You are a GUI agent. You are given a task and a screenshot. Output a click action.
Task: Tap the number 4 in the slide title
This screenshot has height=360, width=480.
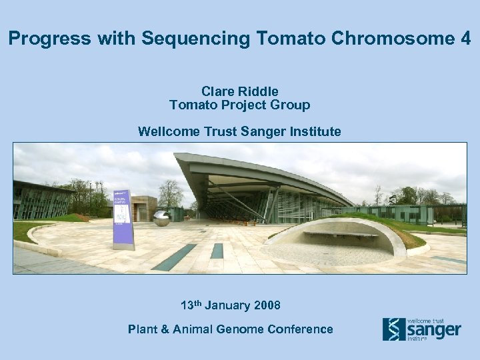(x=465, y=39)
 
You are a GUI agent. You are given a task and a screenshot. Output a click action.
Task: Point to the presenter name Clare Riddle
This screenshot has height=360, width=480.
(x=239, y=91)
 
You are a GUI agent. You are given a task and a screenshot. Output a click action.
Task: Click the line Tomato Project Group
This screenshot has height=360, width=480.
(x=239, y=105)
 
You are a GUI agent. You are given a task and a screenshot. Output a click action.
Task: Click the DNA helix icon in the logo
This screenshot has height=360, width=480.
(x=393, y=329)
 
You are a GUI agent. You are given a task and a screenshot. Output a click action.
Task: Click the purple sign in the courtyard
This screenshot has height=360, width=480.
(x=123, y=217)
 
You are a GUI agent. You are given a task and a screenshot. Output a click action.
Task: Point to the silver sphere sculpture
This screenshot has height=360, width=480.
(x=161, y=218)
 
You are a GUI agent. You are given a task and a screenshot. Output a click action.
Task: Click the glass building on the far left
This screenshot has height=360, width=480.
(x=40, y=200)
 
